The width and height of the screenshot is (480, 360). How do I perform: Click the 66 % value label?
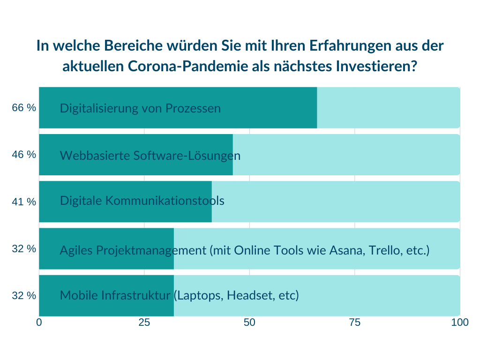coord(24,107)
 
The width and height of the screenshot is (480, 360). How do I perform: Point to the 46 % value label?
coord(24,154)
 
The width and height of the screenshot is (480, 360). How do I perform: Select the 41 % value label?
coord(24,202)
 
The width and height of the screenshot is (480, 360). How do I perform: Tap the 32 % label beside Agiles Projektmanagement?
coord(24,248)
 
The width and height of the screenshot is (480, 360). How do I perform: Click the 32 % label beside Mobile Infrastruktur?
coord(24,295)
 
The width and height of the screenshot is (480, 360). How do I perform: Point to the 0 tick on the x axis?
coord(39,322)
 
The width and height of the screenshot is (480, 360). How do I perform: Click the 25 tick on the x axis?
coord(144,322)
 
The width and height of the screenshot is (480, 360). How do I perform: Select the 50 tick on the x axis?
coord(249,322)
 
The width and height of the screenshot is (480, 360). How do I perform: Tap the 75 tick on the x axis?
coord(355,322)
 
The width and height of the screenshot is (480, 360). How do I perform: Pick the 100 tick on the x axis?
coord(460,322)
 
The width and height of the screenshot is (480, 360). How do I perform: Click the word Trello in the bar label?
coord(387,250)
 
